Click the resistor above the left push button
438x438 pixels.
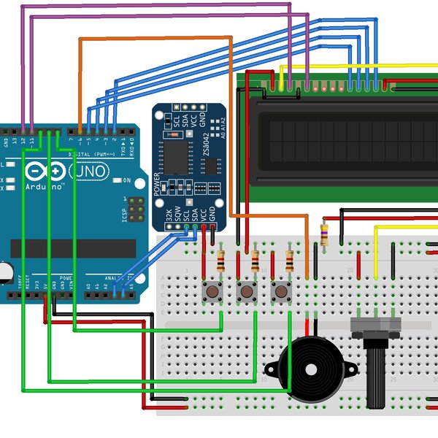pyautogui.click(x=221, y=261)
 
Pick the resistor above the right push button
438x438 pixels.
pyautogui.click(x=290, y=261)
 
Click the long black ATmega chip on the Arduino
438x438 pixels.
pyautogui.click(x=73, y=248)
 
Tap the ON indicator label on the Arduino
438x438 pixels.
pyautogui.click(x=127, y=180)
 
